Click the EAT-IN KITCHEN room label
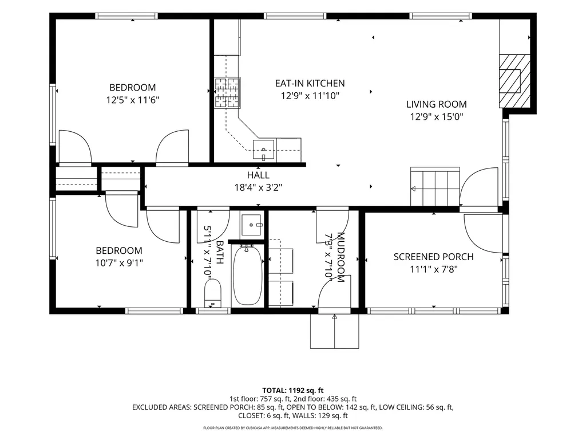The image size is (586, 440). click(310, 83)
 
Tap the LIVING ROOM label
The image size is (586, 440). click(437, 104)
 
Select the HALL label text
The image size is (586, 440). click(258, 175)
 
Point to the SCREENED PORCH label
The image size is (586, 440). click(434, 257)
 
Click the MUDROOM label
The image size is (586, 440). click(341, 257)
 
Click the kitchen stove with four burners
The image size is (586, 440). click(227, 93)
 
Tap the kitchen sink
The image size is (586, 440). click(263, 150)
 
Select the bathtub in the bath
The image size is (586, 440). click(247, 274)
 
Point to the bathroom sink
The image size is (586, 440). click(252, 225)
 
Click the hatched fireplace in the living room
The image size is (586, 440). click(515, 81)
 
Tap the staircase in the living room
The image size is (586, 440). click(435, 187)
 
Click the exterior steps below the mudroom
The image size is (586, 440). click(334, 331)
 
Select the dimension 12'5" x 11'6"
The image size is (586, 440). click(133, 100)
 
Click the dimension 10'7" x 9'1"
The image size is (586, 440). click(119, 263)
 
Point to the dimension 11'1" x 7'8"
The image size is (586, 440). click(434, 269)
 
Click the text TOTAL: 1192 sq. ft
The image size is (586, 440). click(292, 391)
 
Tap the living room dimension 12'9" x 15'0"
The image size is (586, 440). click(437, 117)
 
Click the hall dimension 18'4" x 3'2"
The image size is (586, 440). click(258, 187)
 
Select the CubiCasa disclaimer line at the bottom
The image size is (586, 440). click(292, 427)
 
